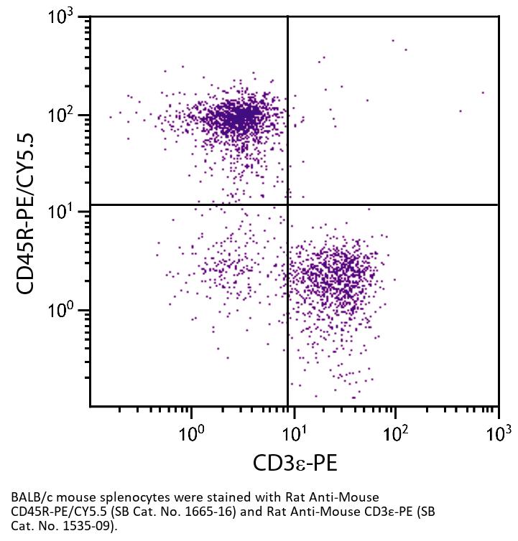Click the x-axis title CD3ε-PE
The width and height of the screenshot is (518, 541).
pos(295,463)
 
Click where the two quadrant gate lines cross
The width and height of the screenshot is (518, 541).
pos(288,204)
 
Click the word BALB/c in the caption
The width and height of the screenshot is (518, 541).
pos(32,497)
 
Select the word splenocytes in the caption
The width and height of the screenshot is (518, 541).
pos(124,497)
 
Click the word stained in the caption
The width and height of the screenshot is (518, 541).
pos(207,497)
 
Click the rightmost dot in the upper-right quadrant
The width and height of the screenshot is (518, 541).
pos(483,92)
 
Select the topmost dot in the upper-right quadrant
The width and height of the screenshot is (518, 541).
pos(393,40)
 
